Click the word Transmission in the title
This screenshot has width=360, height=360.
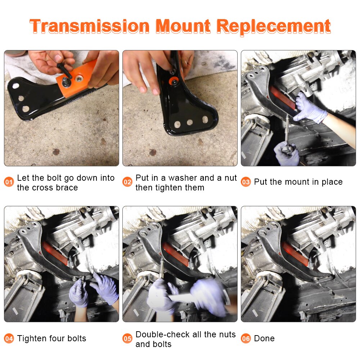(x=89, y=26)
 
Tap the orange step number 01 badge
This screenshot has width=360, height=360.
(x=9, y=182)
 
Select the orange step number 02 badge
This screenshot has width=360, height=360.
(x=127, y=182)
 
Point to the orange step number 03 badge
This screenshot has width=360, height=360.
(x=246, y=182)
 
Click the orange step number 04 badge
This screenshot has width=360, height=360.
(x=9, y=339)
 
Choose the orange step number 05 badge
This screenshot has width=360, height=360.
(x=127, y=339)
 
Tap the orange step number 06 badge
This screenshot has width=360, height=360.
(x=246, y=339)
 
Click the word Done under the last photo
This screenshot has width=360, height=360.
(x=264, y=338)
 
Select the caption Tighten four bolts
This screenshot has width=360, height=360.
(x=51, y=338)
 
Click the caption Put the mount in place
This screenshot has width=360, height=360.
(x=298, y=182)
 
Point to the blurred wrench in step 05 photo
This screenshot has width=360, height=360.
(x=184, y=298)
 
